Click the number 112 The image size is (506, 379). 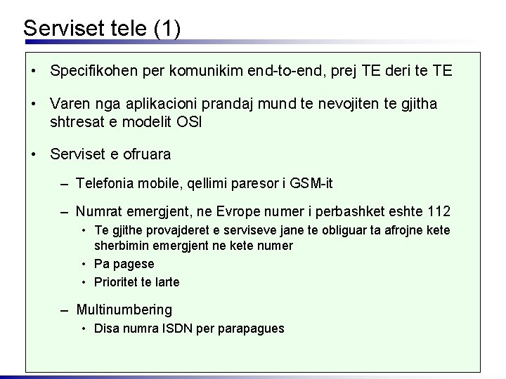tap(438, 211)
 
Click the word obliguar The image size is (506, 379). tap(332, 230)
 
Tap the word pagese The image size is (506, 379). tap(133, 264)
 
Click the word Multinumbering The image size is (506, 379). tap(124, 310)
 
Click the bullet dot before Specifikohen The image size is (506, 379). tap(34, 72)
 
